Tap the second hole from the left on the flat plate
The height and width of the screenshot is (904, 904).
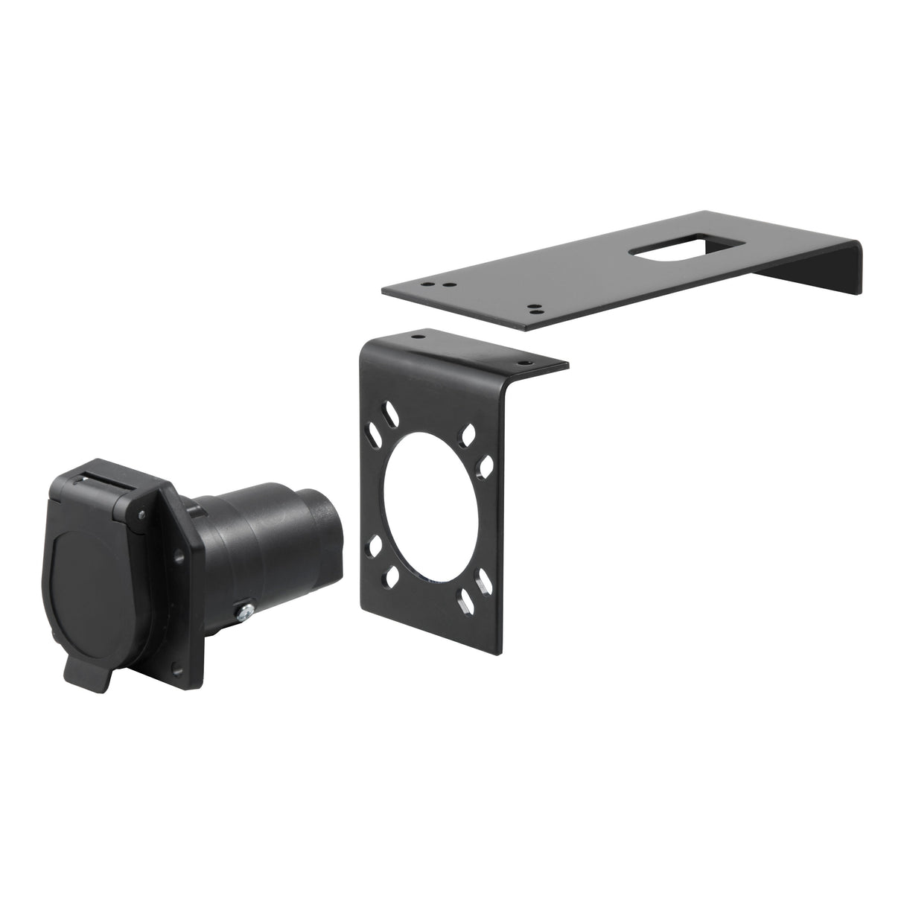pos(445,284)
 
